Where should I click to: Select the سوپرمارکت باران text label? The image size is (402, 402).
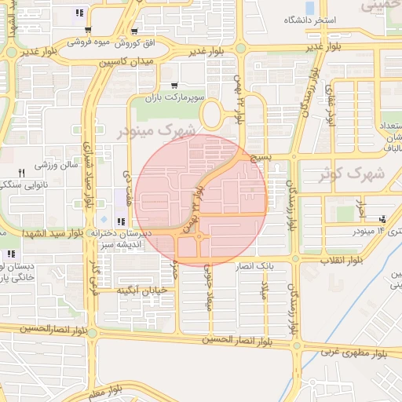point(179,97)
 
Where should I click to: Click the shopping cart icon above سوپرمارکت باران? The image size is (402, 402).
point(174,86)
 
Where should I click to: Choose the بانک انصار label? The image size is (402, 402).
point(258,267)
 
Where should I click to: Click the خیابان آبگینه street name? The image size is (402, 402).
point(143,291)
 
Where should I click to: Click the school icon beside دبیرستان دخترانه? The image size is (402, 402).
point(120,222)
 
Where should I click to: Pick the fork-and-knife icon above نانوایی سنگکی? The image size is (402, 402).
point(21,173)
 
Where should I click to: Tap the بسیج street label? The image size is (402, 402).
point(260,157)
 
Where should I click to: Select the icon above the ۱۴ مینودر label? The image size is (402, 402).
point(382,218)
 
